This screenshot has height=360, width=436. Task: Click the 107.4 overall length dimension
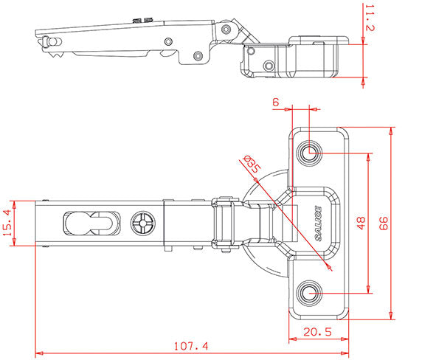[191, 347]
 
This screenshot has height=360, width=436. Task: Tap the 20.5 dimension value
[317, 332]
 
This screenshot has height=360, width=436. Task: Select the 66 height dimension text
[384, 224]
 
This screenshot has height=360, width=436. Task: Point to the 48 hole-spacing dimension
[361, 224]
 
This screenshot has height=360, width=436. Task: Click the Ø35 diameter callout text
[252, 165]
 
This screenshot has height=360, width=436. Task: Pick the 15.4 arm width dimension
[7, 223]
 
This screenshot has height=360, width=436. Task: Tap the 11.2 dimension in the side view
[370, 18]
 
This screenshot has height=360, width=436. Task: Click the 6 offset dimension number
[276, 103]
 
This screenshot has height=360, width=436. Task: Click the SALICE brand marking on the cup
[319, 224]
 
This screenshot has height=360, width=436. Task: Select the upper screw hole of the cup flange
[309, 153]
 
